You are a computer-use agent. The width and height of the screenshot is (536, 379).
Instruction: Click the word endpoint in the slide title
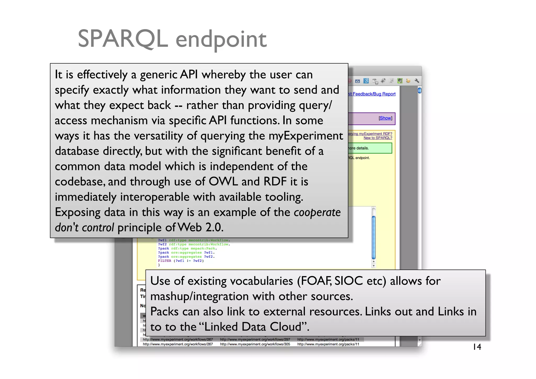click(x=221, y=40)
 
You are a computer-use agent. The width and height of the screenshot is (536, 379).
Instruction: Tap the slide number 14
click(x=477, y=347)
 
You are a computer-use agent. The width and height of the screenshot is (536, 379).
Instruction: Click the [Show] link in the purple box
click(x=385, y=118)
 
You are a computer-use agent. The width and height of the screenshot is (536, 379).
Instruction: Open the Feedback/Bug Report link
click(x=374, y=94)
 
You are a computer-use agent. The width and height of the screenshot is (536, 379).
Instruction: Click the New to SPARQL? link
click(x=378, y=138)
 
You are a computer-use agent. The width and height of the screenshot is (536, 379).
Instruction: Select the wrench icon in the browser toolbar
click(x=417, y=81)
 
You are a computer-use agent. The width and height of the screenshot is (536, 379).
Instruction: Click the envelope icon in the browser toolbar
click(x=358, y=81)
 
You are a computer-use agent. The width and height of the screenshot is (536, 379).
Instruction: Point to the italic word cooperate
click(x=317, y=212)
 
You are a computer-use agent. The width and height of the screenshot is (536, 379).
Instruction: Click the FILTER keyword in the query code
click(x=164, y=261)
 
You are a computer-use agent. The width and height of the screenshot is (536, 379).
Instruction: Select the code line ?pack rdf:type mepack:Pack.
click(x=187, y=249)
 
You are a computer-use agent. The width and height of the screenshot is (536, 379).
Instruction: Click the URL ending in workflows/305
click(x=255, y=344)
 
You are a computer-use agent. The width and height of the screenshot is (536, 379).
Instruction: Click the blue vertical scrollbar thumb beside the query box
click(x=374, y=237)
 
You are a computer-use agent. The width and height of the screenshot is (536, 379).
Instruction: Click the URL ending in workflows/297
click(x=255, y=339)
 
